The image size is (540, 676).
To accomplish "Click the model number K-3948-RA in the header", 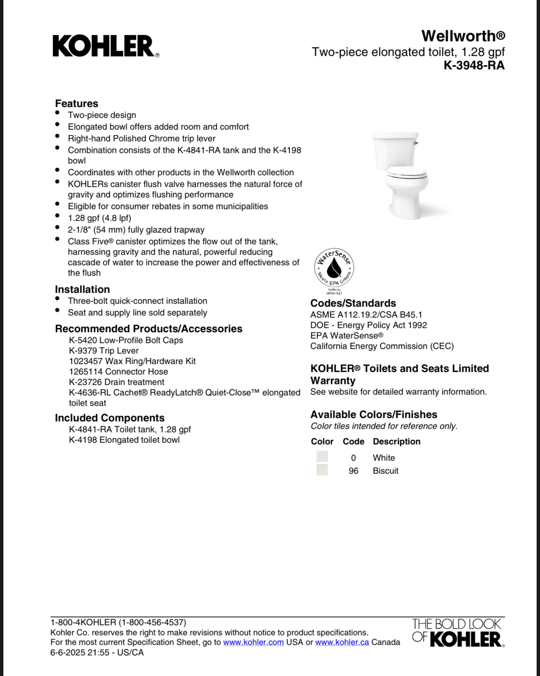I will point(474,66).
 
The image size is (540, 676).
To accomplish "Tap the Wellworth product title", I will point(463,36).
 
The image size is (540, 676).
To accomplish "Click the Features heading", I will point(77,103).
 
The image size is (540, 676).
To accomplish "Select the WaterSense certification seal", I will point(334,268).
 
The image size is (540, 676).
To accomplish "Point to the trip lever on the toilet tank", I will point(416,143).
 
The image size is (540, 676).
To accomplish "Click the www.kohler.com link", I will point(253,642).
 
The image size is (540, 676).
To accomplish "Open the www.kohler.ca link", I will point(342,642).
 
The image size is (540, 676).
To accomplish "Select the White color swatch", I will point(322,457).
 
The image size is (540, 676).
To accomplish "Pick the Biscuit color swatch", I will point(322,470).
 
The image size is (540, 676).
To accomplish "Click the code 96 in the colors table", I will point(353,471).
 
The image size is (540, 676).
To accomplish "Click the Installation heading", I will point(82,289).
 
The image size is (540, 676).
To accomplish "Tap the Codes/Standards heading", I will point(353,303).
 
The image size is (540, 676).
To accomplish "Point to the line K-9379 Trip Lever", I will point(104,351).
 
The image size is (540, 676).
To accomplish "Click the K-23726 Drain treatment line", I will point(116,382).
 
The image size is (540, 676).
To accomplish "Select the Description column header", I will point(396,442).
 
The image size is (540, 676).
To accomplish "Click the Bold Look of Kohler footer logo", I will point(458,633).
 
